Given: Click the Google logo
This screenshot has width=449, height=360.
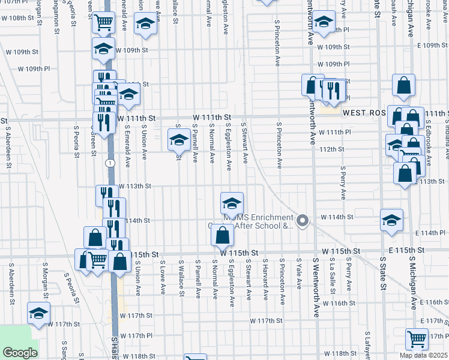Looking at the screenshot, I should [x=20, y=353].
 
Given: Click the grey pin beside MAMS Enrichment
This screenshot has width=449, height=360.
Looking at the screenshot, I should [x=303, y=221].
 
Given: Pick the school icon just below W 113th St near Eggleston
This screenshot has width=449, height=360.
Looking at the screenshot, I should [x=232, y=203].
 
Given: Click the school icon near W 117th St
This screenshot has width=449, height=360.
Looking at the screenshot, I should [x=39, y=313].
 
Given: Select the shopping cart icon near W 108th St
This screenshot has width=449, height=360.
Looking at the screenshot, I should [x=104, y=23].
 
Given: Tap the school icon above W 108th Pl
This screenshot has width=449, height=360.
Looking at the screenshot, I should [x=324, y=23].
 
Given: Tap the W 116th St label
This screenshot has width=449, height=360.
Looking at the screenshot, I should [x=339, y=304].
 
